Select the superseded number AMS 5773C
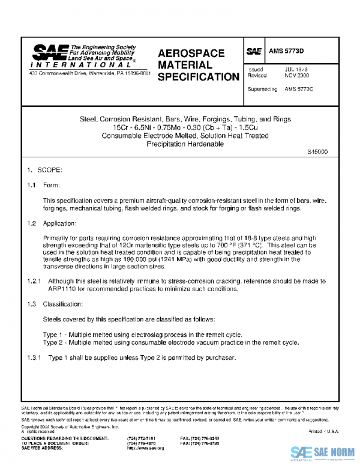[x=299, y=89]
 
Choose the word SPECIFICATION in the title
[x=198, y=77]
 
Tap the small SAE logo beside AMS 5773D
[x=254, y=52]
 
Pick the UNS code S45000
[x=317, y=152]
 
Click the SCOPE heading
[x=49, y=172]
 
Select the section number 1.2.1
[x=34, y=281]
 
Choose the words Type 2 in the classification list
[x=54, y=342]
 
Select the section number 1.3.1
[x=34, y=358]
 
